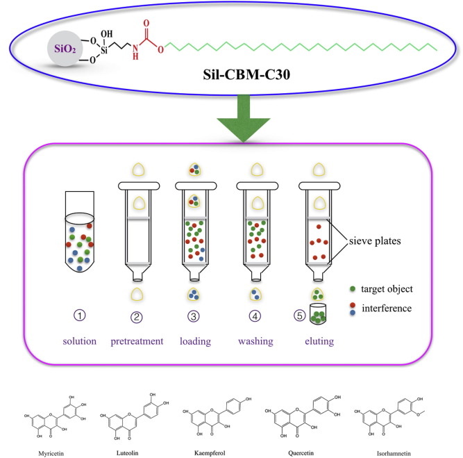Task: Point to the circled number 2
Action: [136, 316]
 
